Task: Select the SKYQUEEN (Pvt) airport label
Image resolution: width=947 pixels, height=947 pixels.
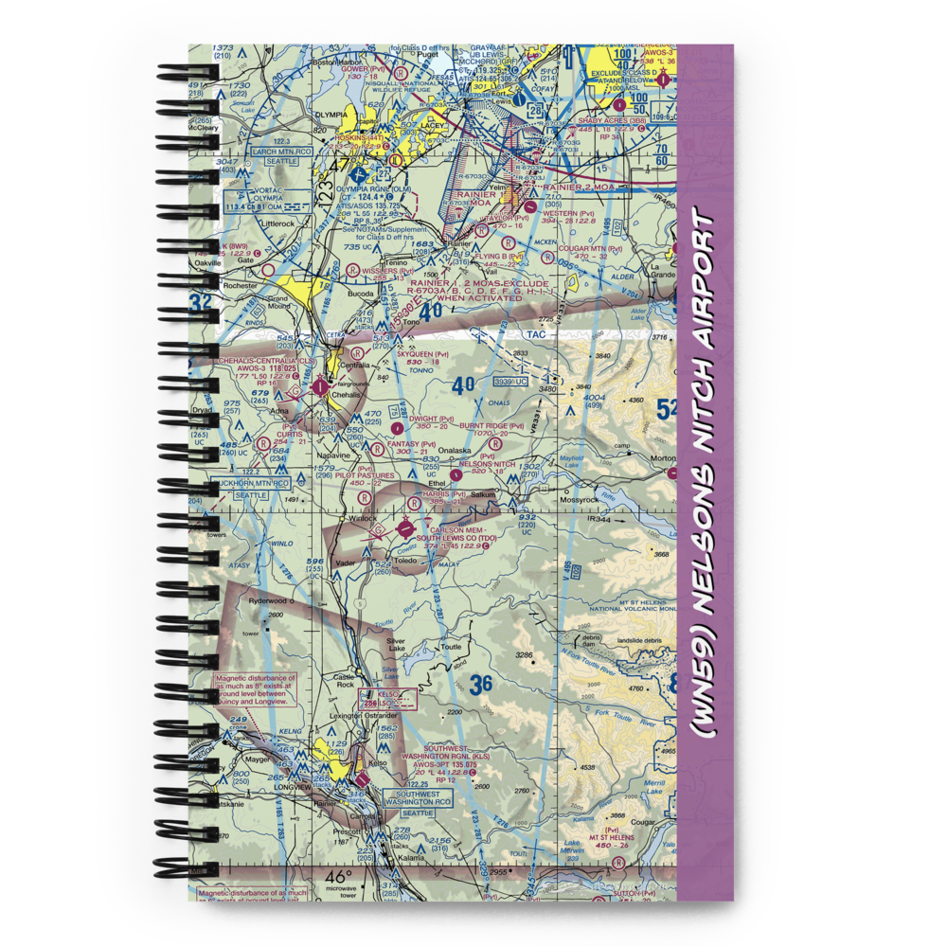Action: point(423,348)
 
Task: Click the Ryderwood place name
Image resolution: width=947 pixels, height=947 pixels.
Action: point(267,600)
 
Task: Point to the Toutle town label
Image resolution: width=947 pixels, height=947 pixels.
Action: point(451,646)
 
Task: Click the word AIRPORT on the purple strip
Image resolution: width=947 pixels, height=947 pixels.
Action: point(706,283)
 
